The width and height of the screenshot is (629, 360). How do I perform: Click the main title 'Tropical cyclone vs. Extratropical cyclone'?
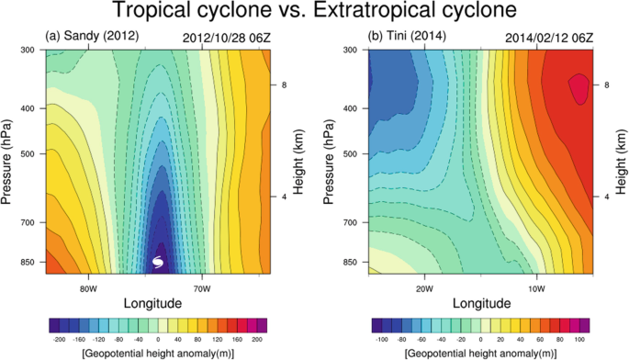[x=314, y=13]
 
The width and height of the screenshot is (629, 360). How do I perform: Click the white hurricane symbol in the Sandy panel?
[x=158, y=264]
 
